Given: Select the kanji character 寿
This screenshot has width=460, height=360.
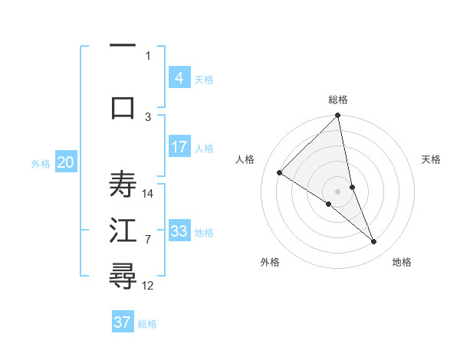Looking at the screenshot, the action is point(123,184).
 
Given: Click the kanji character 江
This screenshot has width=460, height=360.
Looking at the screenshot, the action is point(123,231).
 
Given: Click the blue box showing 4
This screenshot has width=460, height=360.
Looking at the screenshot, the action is point(179,77).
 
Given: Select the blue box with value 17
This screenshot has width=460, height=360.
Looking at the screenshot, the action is point(179,147).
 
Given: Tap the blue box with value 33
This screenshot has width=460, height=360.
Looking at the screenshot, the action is point(179,231).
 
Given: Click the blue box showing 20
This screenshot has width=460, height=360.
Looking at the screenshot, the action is point(65,162).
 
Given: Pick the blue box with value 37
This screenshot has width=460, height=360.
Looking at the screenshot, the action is point(122,322).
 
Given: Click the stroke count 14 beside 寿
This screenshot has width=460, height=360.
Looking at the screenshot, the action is point(149,193).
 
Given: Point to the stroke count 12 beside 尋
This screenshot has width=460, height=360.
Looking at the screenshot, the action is point(149,285).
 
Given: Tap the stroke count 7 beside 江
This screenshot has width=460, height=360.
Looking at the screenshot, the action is point(149,240).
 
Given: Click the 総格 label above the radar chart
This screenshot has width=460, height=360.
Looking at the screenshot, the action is point(337,100).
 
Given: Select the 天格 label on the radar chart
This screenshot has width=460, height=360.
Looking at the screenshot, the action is point(431,159).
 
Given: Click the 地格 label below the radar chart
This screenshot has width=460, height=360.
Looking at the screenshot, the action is point(402,262).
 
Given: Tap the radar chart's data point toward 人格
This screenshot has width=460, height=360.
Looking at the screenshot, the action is point(280,173).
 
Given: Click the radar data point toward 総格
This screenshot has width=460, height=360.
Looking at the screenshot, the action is point(337,116).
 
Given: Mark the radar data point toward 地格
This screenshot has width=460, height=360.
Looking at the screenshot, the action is point(374,242).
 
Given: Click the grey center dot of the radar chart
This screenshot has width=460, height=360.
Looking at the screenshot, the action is point(337,191).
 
